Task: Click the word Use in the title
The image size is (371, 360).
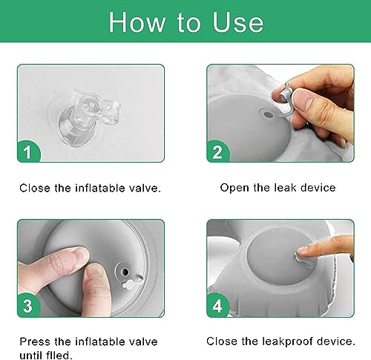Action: pos(237,22)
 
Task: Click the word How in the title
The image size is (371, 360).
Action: pos(137,22)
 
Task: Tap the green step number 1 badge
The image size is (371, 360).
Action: pos(28,151)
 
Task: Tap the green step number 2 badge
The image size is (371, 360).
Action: pos(217,151)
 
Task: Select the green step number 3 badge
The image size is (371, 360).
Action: pos(28,306)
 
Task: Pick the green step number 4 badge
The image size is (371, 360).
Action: pos(217,305)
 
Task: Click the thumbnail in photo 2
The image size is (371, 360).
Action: pos(303,99)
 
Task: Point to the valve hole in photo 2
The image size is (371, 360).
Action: pos(267,114)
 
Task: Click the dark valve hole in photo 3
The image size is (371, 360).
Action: pos(125,272)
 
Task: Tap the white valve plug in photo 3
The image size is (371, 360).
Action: pos(131,284)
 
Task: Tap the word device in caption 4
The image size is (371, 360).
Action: pos(336,341)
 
